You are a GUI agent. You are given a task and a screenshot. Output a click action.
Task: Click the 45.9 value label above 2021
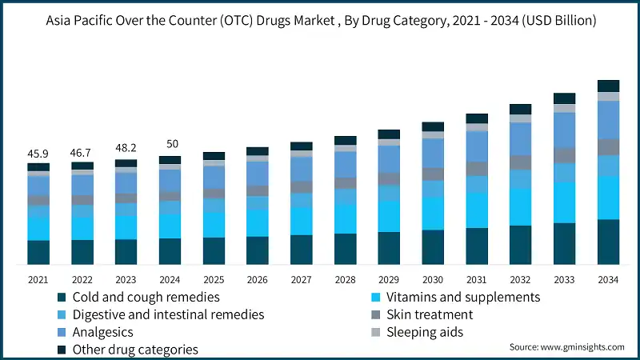point(38,153)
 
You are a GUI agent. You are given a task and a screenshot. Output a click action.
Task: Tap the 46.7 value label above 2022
point(82,152)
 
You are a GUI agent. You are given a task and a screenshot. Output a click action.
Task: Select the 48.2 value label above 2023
point(126,148)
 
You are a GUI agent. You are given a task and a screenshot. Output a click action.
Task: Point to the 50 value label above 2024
point(170,144)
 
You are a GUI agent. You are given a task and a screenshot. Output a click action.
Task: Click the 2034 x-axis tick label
point(609,279)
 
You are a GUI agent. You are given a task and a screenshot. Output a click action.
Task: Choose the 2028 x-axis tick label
point(346,279)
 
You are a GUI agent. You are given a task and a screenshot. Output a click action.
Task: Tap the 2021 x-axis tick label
point(38,279)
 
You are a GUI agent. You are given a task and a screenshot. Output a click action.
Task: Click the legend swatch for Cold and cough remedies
point(61,298)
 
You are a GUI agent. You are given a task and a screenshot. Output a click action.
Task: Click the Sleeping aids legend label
point(425,332)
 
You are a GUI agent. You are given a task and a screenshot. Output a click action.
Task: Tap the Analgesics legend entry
point(102,332)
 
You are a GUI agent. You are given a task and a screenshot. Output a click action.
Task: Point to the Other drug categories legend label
point(135,350)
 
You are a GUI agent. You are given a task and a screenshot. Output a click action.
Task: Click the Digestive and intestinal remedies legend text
point(168,315)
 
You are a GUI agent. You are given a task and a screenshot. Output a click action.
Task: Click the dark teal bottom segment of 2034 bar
point(609,242)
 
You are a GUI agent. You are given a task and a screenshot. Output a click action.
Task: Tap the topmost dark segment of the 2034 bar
point(609,86)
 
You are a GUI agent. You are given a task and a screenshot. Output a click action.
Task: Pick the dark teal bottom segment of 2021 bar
point(38,252)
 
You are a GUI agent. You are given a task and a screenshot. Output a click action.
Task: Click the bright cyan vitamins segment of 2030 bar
point(434,213)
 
